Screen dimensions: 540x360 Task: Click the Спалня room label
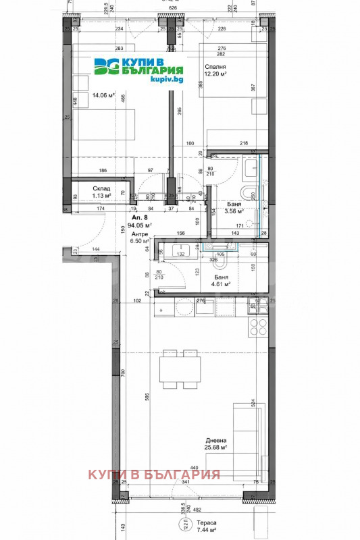216,66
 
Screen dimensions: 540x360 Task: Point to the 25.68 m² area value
215,447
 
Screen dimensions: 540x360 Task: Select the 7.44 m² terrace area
207,531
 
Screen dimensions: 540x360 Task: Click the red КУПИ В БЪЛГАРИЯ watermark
154,474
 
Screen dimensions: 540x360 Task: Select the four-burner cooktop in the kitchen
259,327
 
